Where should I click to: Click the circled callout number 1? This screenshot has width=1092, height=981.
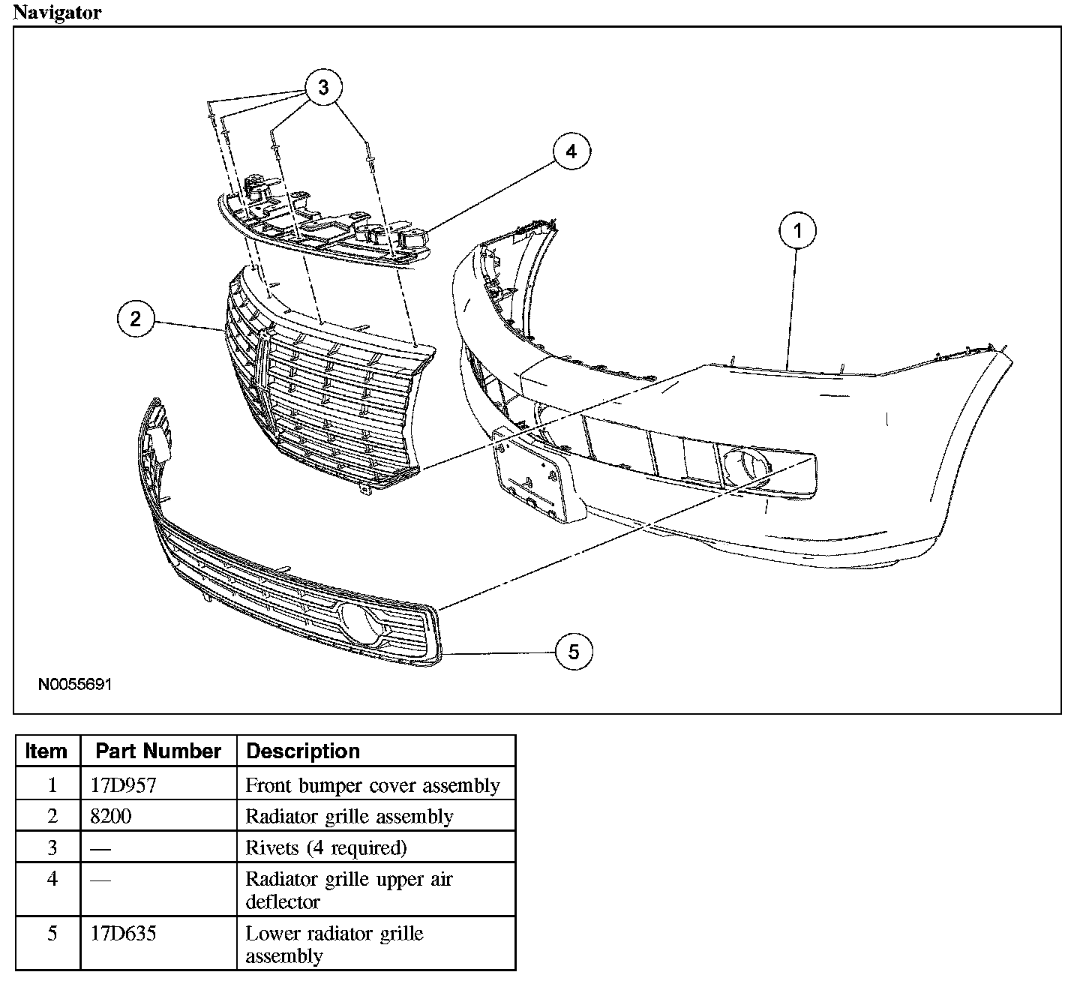point(797,230)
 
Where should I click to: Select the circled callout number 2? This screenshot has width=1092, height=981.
point(136,319)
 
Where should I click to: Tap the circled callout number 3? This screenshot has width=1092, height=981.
point(323,88)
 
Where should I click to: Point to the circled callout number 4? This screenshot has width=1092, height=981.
point(571,151)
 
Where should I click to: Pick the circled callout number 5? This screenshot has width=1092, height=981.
point(574,652)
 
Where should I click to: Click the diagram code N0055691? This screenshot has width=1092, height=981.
point(76,685)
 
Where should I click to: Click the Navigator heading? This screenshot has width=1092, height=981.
point(57,13)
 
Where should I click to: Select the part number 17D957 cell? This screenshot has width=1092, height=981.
point(123,785)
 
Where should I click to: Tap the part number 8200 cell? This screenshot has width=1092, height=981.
point(110,816)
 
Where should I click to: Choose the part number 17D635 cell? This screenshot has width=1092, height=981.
point(123,934)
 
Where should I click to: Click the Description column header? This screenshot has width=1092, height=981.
point(303,751)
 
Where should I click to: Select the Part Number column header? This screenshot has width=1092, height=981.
point(158,751)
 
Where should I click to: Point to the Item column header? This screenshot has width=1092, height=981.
point(46,751)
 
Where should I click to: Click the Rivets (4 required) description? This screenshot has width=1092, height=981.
point(326,847)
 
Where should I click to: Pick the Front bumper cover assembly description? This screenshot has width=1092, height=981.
point(373,785)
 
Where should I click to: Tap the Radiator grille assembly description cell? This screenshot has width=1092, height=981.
point(349,816)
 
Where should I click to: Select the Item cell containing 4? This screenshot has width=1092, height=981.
point(52,878)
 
